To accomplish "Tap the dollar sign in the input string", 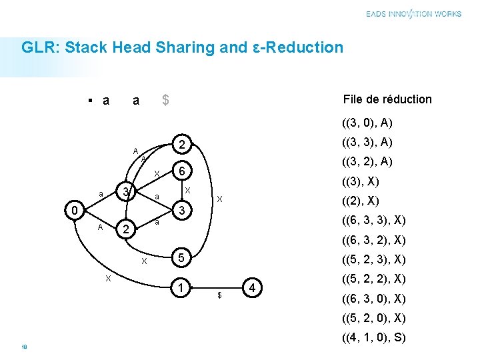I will [x=165, y=100].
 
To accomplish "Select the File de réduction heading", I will [x=387, y=99].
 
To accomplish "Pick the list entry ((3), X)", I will [x=361, y=181].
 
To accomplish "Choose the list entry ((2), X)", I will [x=361, y=201].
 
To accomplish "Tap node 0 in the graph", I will [x=76, y=211].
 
